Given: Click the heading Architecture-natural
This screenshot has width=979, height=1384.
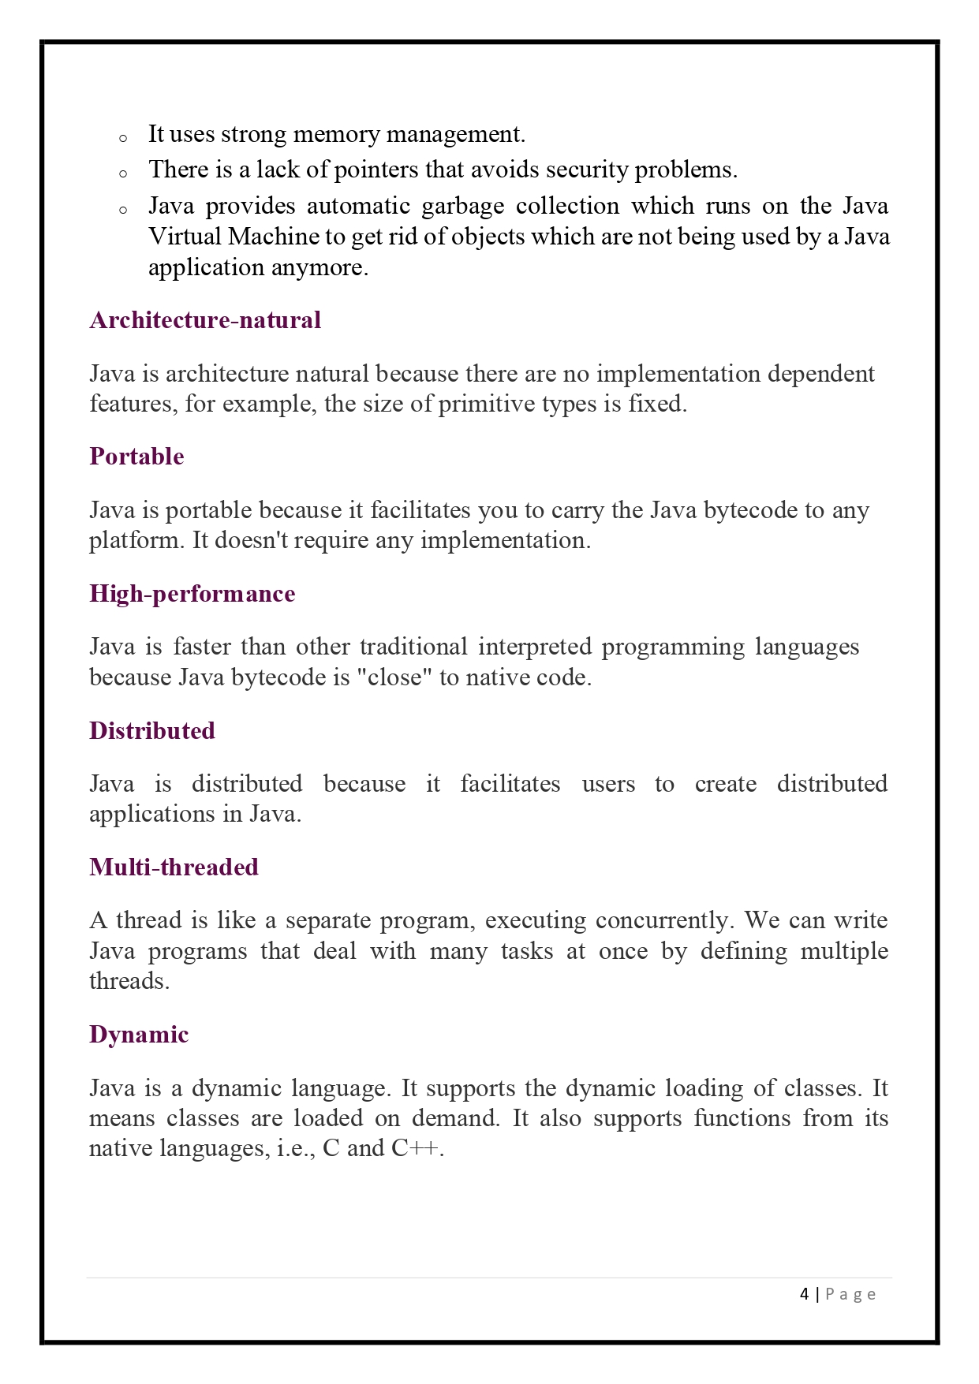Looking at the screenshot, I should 205,320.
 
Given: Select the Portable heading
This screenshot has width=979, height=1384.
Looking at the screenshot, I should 136,457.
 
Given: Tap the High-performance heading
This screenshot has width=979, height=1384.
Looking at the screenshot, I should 192,594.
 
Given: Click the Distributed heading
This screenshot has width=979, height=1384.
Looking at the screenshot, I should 151,730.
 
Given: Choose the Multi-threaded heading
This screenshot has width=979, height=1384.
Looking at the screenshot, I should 174,867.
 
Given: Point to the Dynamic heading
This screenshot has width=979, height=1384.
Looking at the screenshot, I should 139,1035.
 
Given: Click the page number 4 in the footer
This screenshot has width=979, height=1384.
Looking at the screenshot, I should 804,1294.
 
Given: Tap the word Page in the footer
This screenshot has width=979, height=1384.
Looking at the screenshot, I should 850,1295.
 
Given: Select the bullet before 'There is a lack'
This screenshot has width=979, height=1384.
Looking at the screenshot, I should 123,174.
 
